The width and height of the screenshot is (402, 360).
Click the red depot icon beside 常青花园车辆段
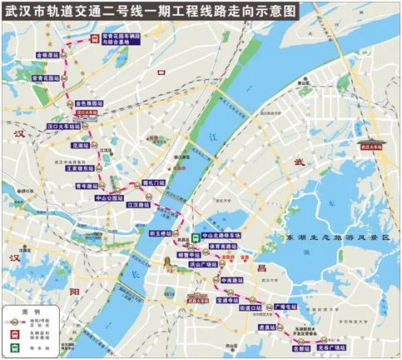(x=94, y=39)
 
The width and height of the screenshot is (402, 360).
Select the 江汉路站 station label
(x=139, y=204)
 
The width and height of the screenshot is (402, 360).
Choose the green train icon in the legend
(x=15, y=347)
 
